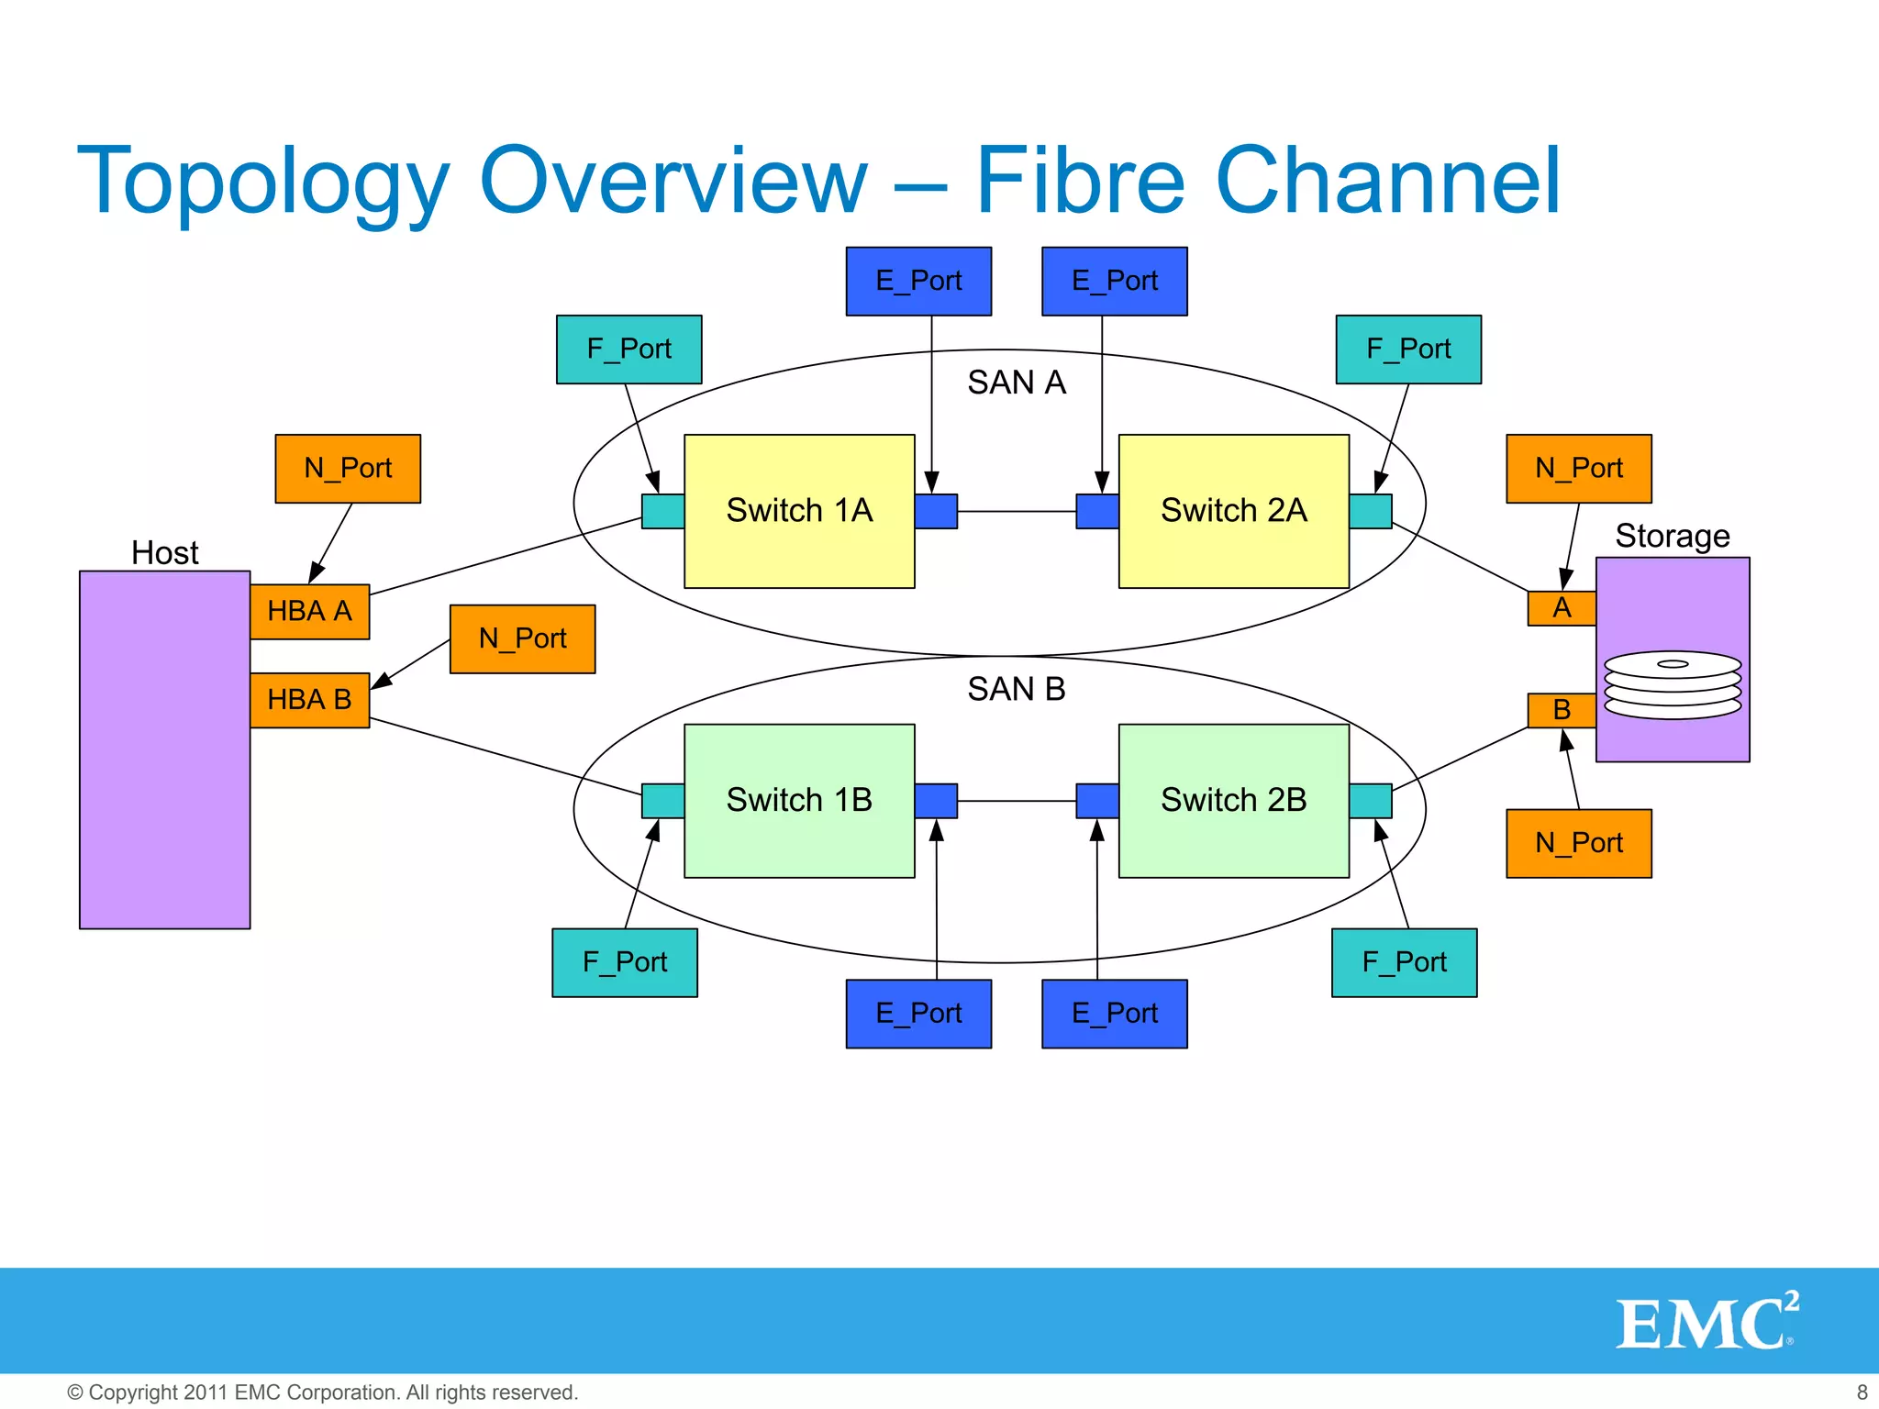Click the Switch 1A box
coord(799,511)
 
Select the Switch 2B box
coord(1233,800)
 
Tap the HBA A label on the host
coord(309,611)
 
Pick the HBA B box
coord(309,700)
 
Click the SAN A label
coord(1016,383)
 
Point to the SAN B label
coord(1016,689)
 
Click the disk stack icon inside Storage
coord(1672,684)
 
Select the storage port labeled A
coord(1561,608)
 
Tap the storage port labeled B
coord(1561,710)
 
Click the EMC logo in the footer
coord(1707,1322)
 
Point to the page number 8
coord(1862,1392)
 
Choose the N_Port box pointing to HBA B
coord(522,638)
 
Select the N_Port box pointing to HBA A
coord(348,469)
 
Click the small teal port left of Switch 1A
coord(662,511)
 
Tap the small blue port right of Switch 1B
coord(936,800)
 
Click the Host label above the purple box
coord(165,553)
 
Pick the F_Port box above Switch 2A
coord(1407,349)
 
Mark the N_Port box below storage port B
coord(1578,843)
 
